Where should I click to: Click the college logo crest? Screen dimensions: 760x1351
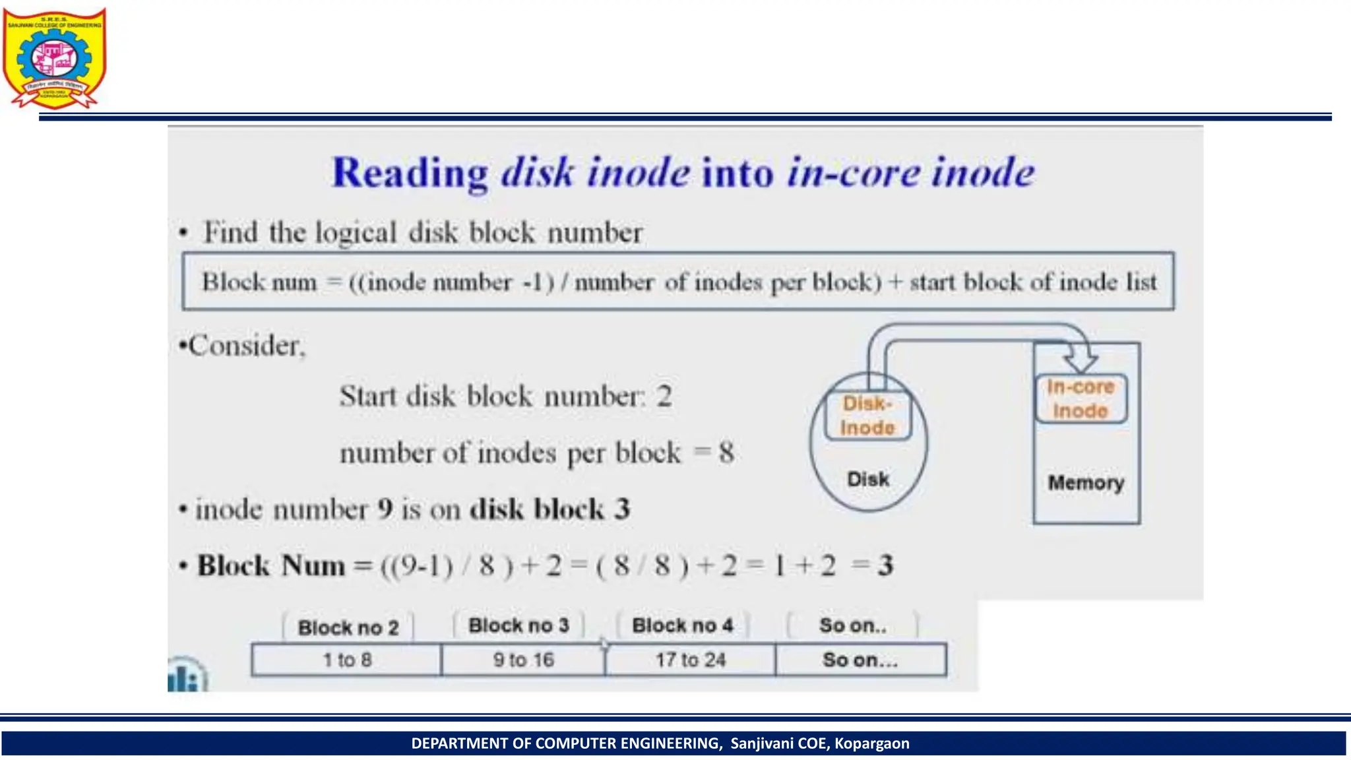[54, 58]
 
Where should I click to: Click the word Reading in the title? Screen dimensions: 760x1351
[410, 174]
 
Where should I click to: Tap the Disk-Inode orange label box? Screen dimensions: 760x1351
[867, 416]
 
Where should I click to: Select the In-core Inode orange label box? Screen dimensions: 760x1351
[1081, 398]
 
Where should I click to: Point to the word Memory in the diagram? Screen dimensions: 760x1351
[1086, 482]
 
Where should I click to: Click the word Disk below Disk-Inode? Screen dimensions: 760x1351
[868, 479]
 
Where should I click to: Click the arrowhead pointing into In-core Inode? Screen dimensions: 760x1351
[1081, 360]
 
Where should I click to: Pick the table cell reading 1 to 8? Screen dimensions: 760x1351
[347, 660]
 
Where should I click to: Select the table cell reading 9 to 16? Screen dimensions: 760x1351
[523, 660]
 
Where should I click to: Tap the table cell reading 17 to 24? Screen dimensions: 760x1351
[690, 660]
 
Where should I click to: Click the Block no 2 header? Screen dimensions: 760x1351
[348, 627]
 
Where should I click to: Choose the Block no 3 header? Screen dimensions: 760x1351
[518, 625]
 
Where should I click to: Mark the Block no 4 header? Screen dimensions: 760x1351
[682, 625]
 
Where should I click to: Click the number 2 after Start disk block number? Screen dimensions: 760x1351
[664, 396]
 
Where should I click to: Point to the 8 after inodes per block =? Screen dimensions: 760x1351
[726, 453]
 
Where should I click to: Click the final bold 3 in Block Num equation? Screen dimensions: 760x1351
[885, 565]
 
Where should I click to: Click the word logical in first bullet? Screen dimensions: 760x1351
[356, 233]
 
